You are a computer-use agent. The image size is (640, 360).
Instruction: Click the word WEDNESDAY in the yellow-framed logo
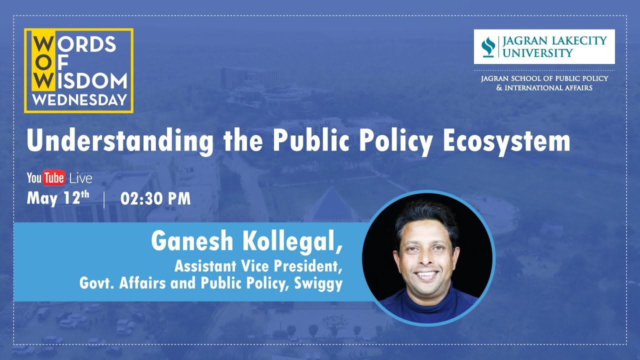(x=79, y=99)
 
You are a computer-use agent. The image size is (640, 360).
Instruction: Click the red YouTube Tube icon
(x=53, y=178)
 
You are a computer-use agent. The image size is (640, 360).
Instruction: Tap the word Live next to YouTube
(x=80, y=178)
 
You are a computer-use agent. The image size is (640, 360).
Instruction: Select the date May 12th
(x=58, y=198)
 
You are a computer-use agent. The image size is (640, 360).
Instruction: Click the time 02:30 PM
(x=155, y=198)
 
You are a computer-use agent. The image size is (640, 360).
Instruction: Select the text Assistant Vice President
(x=258, y=265)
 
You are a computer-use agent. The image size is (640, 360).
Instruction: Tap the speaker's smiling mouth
(x=427, y=274)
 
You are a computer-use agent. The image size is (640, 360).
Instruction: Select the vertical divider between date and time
(x=104, y=199)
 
